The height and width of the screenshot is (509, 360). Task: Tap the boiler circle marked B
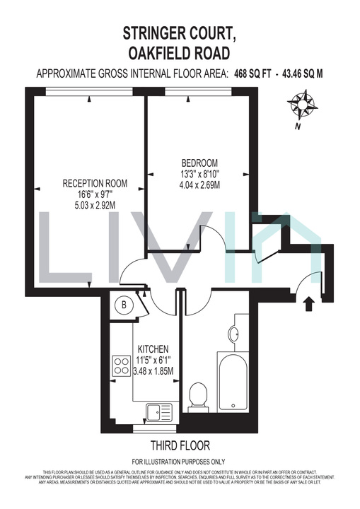point(124,305)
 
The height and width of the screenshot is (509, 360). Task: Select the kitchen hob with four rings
point(118,365)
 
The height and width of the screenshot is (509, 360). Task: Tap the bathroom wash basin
point(234,333)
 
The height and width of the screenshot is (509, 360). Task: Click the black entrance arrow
point(308,305)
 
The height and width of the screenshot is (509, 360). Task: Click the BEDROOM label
point(199,160)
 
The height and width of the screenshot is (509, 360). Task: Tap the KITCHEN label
point(153,349)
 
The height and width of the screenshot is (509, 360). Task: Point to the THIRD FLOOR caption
point(180,445)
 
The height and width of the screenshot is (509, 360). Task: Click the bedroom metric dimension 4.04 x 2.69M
point(199,185)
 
